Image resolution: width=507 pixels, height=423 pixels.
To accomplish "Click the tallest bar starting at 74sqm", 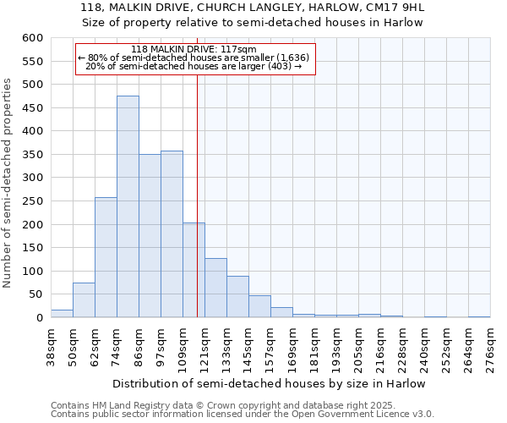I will tap(128, 207).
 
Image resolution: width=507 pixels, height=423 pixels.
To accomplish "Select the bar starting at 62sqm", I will tap(106, 257).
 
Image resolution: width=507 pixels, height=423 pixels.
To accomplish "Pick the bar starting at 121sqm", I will tap(215, 288).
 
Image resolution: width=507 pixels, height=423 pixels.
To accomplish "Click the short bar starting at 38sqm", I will tap(62, 314).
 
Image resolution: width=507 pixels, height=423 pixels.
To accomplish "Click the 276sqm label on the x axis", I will tap(491, 347).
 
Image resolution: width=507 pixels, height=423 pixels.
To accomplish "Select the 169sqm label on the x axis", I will tap(293, 347).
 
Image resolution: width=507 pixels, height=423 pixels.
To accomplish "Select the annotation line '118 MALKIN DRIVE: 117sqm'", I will tap(194, 49).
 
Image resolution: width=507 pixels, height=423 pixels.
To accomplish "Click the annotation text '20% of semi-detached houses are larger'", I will tap(194, 66).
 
